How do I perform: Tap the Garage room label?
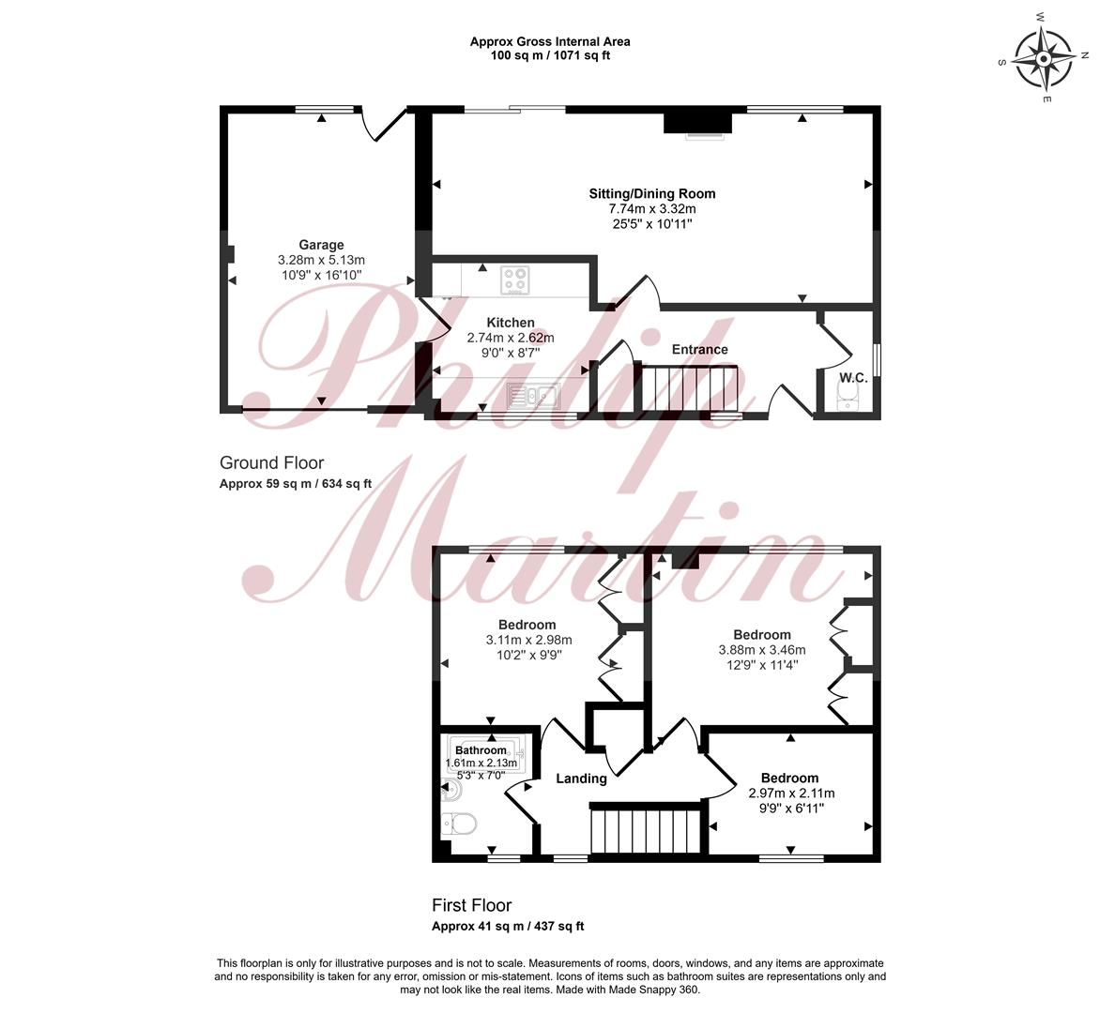click(321, 245)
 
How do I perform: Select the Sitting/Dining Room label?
click(652, 193)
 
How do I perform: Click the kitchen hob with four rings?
click(515, 280)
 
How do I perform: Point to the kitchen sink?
click(532, 397)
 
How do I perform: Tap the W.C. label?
click(854, 378)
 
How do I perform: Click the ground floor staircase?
click(686, 389)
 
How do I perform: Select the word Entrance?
click(700, 349)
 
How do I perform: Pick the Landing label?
click(582, 779)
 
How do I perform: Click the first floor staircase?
click(647, 831)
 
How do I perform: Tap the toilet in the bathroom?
click(460, 823)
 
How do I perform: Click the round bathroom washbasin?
click(451, 792)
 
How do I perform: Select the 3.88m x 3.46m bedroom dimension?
click(762, 650)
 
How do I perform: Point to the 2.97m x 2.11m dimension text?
click(791, 794)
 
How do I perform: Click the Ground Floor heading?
click(272, 462)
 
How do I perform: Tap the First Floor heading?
click(472, 905)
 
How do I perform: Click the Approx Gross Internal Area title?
click(550, 41)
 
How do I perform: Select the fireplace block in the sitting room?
click(698, 122)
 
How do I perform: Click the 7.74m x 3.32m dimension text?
click(652, 209)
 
